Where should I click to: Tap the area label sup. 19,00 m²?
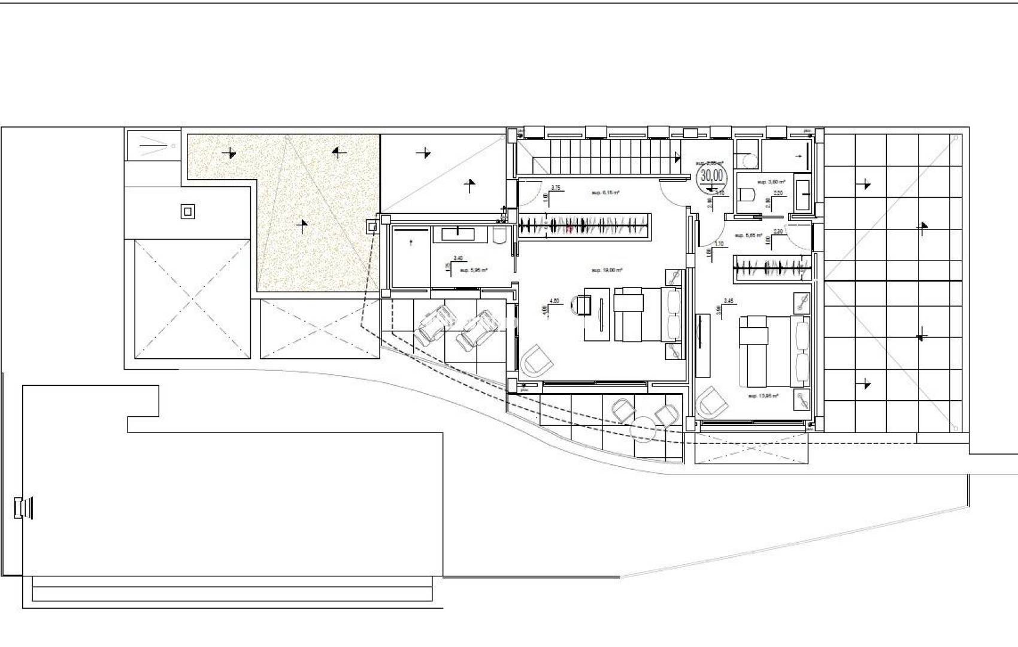(x=607, y=270)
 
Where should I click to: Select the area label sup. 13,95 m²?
(x=763, y=396)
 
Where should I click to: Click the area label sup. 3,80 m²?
(x=771, y=182)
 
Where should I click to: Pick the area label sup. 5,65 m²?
(x=749, y=235)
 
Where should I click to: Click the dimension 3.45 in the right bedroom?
(x=729, y=301)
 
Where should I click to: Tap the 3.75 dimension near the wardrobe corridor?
(x=555, y=188)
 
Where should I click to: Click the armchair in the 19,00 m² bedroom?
(x=537, y=361)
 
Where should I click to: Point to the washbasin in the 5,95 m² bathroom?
(x=458, y=234)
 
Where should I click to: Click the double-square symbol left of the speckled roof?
(x=188, y=211)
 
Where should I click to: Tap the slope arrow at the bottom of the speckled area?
(x=303, y=226)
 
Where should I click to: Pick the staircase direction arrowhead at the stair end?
(x=678, y=157)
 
